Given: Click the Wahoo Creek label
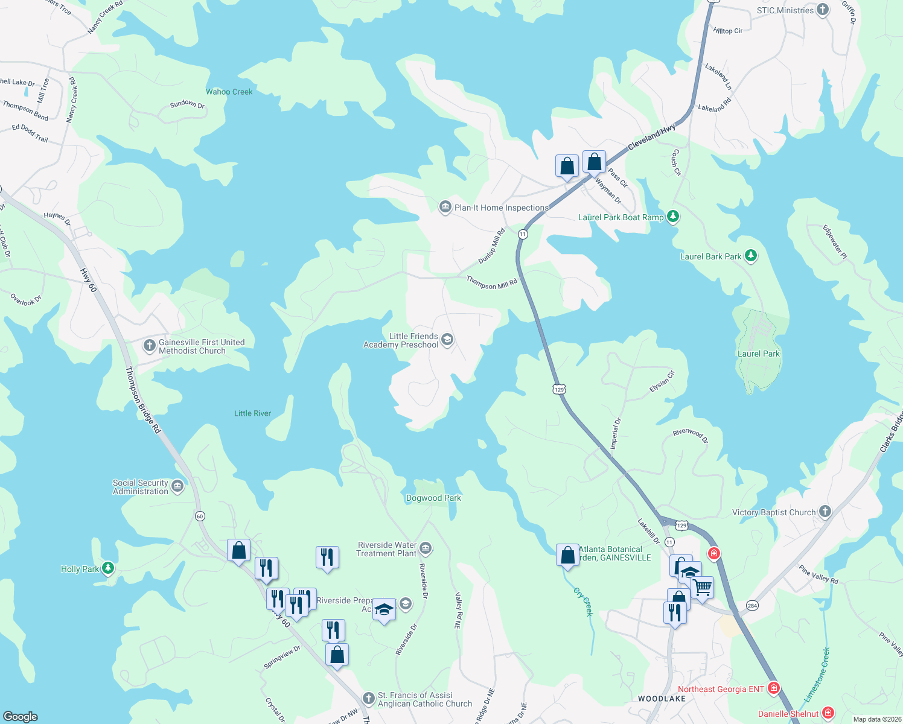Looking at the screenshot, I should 229,92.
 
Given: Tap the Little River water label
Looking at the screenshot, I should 252,413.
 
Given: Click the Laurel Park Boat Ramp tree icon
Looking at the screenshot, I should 673,217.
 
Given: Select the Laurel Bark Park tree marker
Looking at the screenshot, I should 750,256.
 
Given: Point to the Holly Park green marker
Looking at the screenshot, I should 108,568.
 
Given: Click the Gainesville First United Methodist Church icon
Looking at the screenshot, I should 149,346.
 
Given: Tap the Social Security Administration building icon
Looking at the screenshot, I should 177,486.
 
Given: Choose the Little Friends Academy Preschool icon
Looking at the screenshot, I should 447,340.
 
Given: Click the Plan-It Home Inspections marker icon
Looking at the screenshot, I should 445,208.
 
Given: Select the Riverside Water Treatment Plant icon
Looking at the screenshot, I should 426,548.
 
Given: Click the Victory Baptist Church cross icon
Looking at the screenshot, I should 825,512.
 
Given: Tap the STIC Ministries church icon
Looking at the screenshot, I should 823,10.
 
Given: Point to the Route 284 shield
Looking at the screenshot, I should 752,605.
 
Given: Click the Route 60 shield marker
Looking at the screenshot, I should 200,516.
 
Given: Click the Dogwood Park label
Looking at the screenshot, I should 433,498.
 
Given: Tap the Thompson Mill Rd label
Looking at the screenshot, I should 492,282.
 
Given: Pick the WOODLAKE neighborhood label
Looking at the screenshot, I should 662,699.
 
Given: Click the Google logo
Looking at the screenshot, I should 21,716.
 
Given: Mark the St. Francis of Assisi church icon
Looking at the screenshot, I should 368,699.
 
